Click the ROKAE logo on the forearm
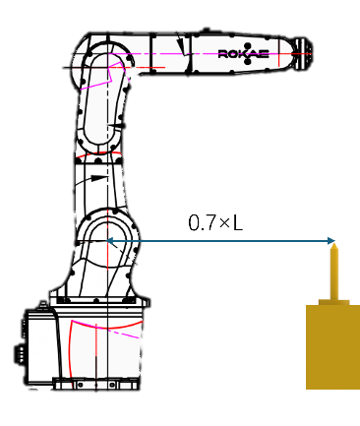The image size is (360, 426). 243,54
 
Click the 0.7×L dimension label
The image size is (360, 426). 215,222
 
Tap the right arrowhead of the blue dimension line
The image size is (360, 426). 331,241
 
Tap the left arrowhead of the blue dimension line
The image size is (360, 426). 111,241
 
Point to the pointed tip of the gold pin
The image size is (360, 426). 333,245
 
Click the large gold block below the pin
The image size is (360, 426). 332,347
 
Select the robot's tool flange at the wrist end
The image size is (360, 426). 304,53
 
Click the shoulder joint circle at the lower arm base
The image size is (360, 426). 107,239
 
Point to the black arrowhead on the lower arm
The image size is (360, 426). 98,178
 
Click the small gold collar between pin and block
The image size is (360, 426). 333,302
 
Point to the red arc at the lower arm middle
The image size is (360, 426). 98,153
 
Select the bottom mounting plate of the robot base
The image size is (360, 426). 96,384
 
